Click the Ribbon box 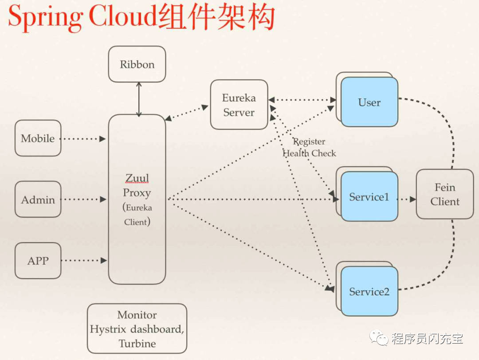[x=137, y=64]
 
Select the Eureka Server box [x=239, y=105]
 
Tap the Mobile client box [x=38, y=138]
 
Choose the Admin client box [x=38, y=200]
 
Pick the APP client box [x=38, y=261]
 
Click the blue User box [x=369, y=102]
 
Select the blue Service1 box [x=369, y=197]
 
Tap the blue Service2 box [x=369, y=291]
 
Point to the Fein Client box [x=444, y=194]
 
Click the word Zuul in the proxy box [x=137, y=178]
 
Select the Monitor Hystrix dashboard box [x=137, y=329]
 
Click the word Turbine [x=137, y=344]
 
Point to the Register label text [x=309, y=142]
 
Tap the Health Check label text [x=309, y=153]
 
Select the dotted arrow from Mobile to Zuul [x=83, y=139]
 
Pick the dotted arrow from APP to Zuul [x=83, y=261]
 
